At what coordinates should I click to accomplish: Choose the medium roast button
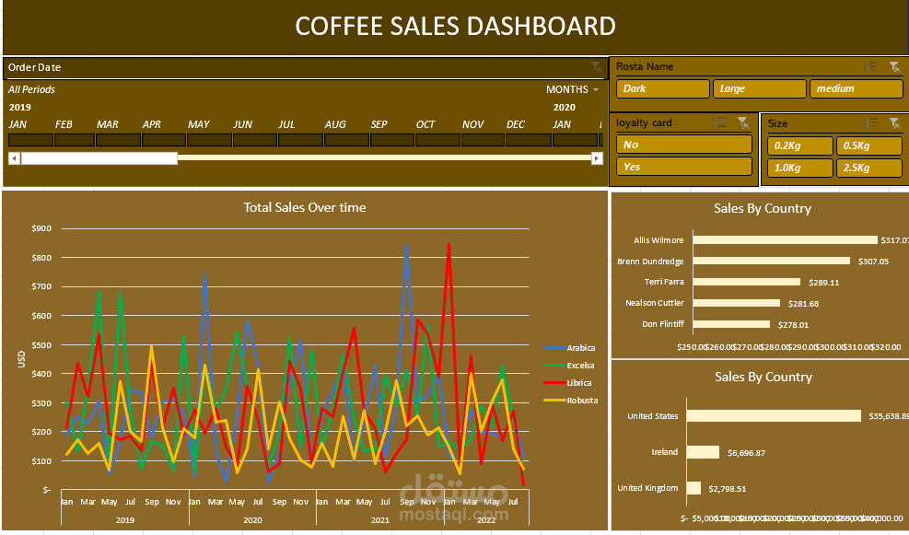[x=856, y=89]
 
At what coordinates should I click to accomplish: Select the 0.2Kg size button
[x=799, y=145]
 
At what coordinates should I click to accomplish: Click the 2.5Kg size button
[x=868, y=168]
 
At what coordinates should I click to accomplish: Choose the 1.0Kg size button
[x=799, y=168]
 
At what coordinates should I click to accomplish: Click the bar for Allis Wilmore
[x=785, y=240]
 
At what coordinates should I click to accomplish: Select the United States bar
[x=776, y=416]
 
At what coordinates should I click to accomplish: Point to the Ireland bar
[x=705, y=452]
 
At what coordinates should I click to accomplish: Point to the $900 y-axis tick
[x=41, y=228]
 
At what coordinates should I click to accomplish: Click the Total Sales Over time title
[x=305, y=207]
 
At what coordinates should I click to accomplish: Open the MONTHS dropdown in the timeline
[x=572, y=90]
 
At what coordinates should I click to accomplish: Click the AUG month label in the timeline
[x=335, y=125]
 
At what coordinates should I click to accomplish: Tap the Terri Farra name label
[x=663, y=282]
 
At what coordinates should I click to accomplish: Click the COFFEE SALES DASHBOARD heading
[x=455, y=26]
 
